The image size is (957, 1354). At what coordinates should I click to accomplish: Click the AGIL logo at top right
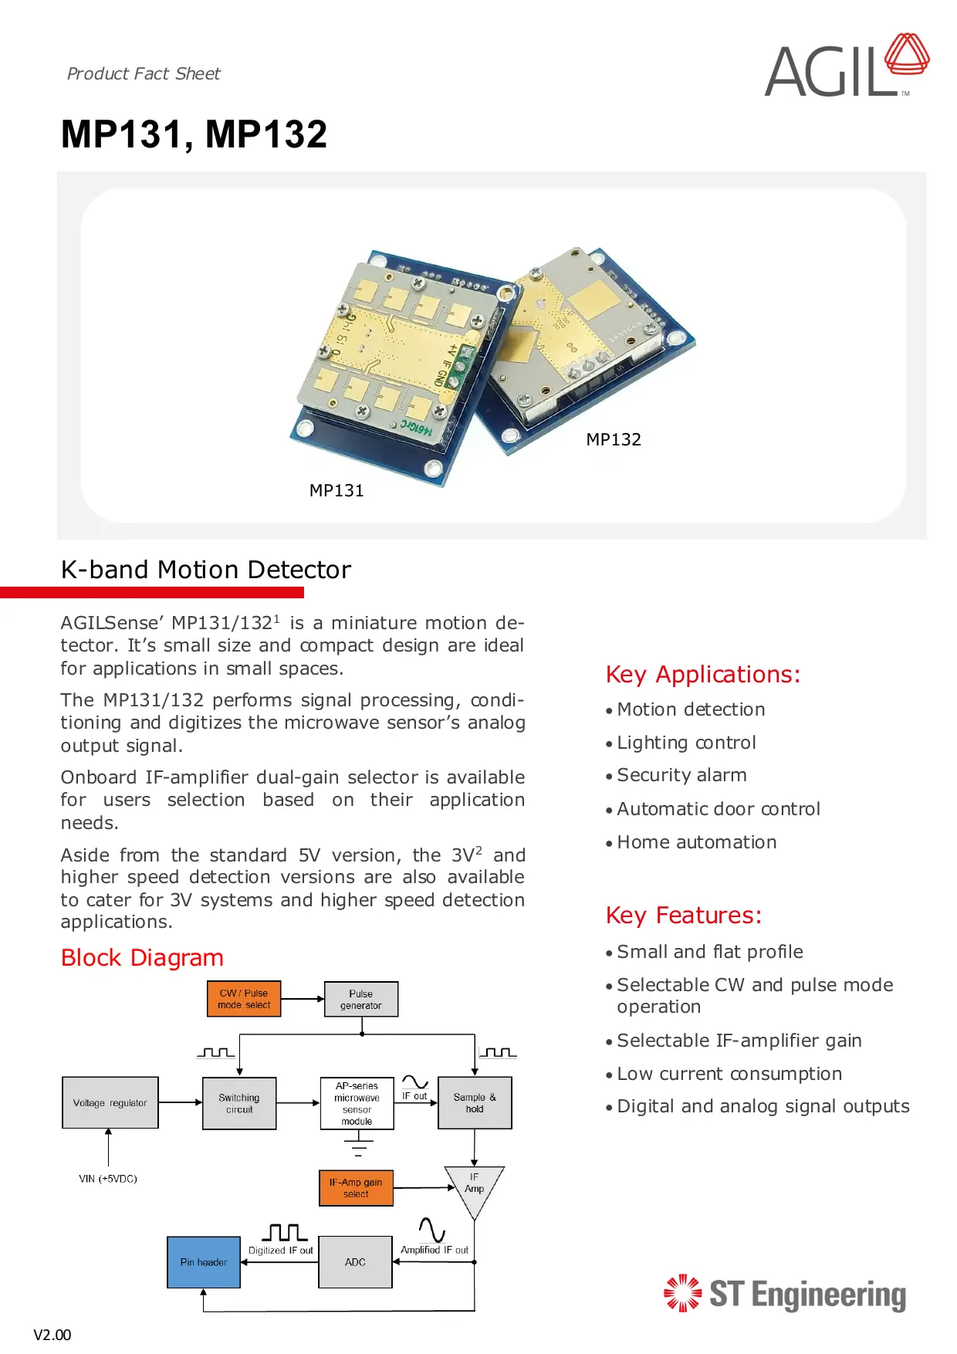pos(846,67)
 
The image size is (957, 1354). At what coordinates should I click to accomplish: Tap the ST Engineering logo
pos(785,1294)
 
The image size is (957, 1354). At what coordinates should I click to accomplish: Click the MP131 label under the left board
pos(336,490)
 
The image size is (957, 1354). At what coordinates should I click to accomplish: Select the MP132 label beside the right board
pos(614,439)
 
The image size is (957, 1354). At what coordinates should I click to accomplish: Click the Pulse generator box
pos(361,999)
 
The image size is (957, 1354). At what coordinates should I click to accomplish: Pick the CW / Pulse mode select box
pos(244,999)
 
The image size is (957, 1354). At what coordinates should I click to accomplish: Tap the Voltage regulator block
pos(110,1103)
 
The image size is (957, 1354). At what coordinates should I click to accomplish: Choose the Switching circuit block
pos(239,1103)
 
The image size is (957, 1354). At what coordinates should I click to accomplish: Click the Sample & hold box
pos(475,1103)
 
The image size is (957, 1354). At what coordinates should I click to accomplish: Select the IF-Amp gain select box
pos(356,1188)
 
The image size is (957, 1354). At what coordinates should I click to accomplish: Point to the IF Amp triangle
pos(474,1186)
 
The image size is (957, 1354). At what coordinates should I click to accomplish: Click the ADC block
pos(355,1262)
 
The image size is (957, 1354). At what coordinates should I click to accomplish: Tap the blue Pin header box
pos(204,1262)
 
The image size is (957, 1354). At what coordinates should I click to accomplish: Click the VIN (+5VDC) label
pos(108,1179)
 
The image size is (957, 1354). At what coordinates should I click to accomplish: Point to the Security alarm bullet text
pos(681,775)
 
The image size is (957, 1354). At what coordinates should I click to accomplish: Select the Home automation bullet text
pos(696,842)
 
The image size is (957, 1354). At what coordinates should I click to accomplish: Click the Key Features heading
pos(684,915)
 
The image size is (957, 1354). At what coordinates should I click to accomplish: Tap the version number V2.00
pos(52,1335)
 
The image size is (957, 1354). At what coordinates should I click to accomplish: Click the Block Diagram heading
pos(142,958)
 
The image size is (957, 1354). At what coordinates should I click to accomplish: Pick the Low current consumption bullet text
pos(729,1074)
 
